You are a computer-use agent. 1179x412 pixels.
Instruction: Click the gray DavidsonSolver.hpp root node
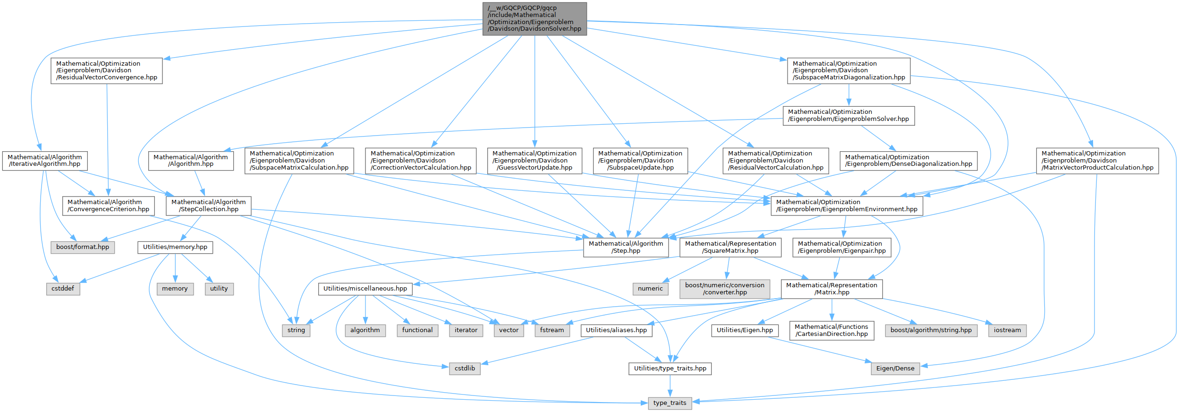(x=534, y=18)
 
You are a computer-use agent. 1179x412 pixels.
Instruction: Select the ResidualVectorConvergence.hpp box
(x=107, y=70)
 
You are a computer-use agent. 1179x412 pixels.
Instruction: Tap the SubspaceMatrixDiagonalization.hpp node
(x=848, y=70)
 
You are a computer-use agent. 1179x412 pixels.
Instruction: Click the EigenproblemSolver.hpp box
(x=848, y=115)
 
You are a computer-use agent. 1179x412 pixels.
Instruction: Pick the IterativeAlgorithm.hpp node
(x=45, y=161)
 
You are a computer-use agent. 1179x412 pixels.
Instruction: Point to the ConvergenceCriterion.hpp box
(x=109, y=206)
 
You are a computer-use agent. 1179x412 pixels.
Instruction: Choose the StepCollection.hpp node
(x=208, y=206)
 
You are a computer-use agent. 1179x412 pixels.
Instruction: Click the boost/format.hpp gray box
(x=83, y=247)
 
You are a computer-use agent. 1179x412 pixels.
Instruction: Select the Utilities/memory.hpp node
(x=175, y=247)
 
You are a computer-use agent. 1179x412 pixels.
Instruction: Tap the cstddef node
(x=63, y=289)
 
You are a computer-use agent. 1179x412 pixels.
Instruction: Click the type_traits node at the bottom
(x=670, y=403)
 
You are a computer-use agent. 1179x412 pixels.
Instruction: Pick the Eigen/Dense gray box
(x=895, y=369)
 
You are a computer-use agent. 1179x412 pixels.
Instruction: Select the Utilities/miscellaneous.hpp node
(x=365, y=289)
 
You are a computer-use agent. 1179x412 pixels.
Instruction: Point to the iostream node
(x=1007, y=330)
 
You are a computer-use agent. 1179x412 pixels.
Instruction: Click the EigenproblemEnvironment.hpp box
(x=847, y=206)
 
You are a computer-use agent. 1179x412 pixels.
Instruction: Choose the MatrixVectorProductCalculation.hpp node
(x=1097, y=161)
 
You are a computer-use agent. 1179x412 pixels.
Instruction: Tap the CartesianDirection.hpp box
(x=831, y=330)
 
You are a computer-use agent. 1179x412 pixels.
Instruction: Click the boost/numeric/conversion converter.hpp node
(x=725, y=289)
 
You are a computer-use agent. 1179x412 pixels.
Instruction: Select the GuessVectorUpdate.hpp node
(x=534, y=161)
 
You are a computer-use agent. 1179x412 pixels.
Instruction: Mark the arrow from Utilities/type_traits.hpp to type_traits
(x=670, y=386)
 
